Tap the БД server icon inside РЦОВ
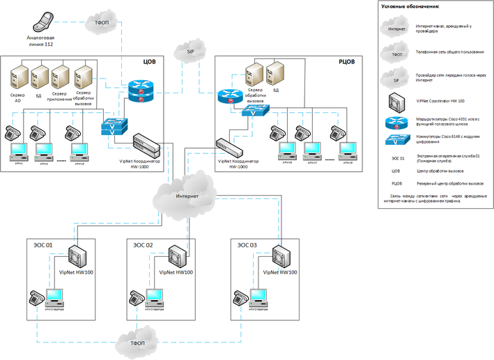276,73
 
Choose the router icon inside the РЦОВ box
229,97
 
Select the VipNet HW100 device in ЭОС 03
281,256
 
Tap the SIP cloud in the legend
396,79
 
